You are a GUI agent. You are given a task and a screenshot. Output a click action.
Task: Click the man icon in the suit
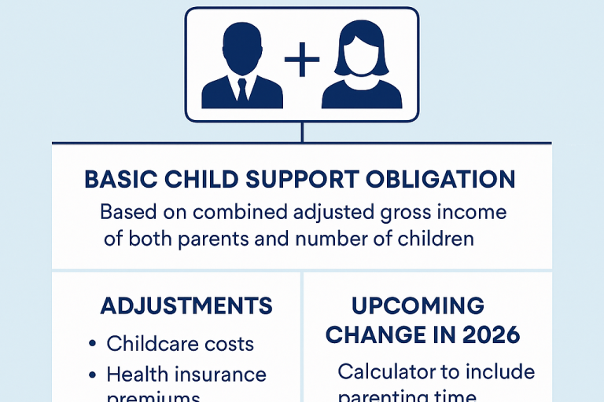[241, 66]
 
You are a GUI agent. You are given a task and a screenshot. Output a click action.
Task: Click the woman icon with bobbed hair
[361, 66]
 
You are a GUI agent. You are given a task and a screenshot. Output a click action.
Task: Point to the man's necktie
[242, 90]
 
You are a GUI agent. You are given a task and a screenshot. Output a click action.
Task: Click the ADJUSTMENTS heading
[186, 305]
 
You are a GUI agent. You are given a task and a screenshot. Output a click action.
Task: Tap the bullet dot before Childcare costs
[91, 344]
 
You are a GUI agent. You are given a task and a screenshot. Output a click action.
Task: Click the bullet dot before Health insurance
[91, 375]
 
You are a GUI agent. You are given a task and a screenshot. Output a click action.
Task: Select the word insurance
[219, 375]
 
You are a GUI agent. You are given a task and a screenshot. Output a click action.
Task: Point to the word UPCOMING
[418, 305]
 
